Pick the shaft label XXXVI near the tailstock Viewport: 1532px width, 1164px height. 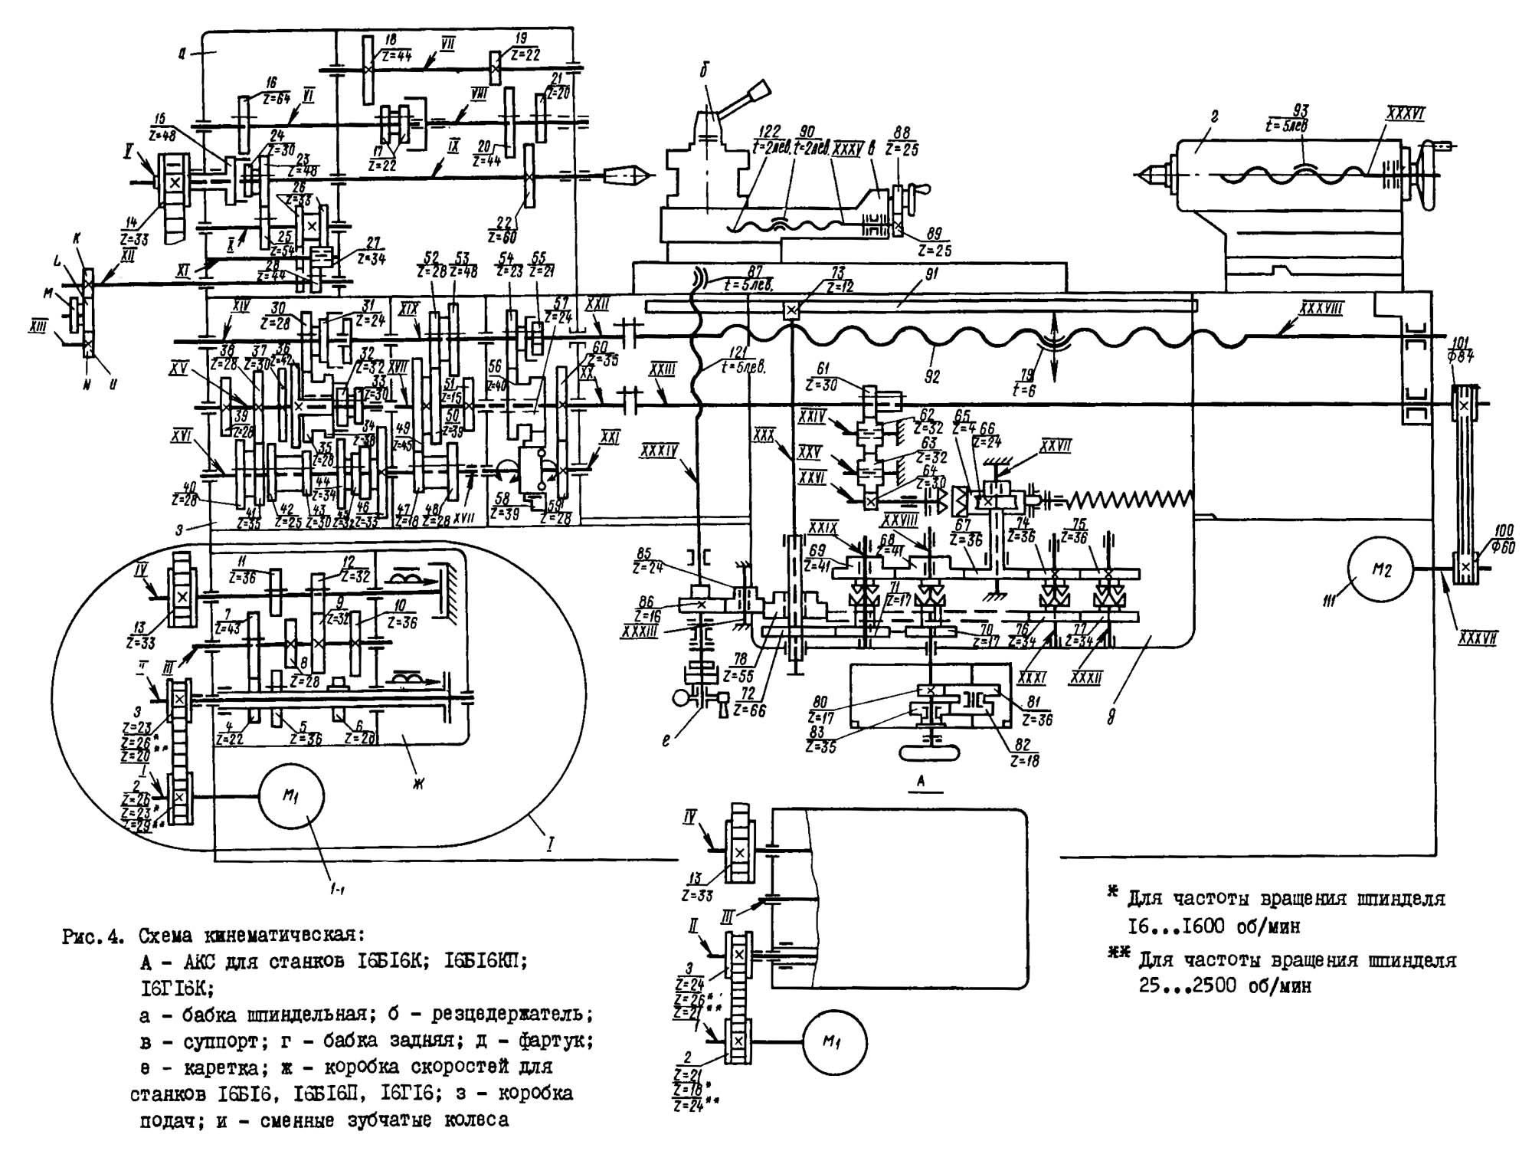pos(1404,115)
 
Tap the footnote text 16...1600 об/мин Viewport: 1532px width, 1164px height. pos(1213,926)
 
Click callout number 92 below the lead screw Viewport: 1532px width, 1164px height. pos(931,376)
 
